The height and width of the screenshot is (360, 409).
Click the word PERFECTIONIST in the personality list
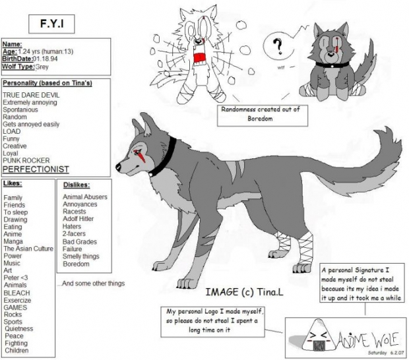tap(36, 169)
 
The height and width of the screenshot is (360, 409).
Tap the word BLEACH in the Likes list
tap(16, 292)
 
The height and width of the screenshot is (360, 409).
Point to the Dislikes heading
tap(77, 185)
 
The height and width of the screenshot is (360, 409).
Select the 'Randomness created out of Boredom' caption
tap(260, 114)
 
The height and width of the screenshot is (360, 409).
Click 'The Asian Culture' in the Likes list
tap(28, 249)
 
